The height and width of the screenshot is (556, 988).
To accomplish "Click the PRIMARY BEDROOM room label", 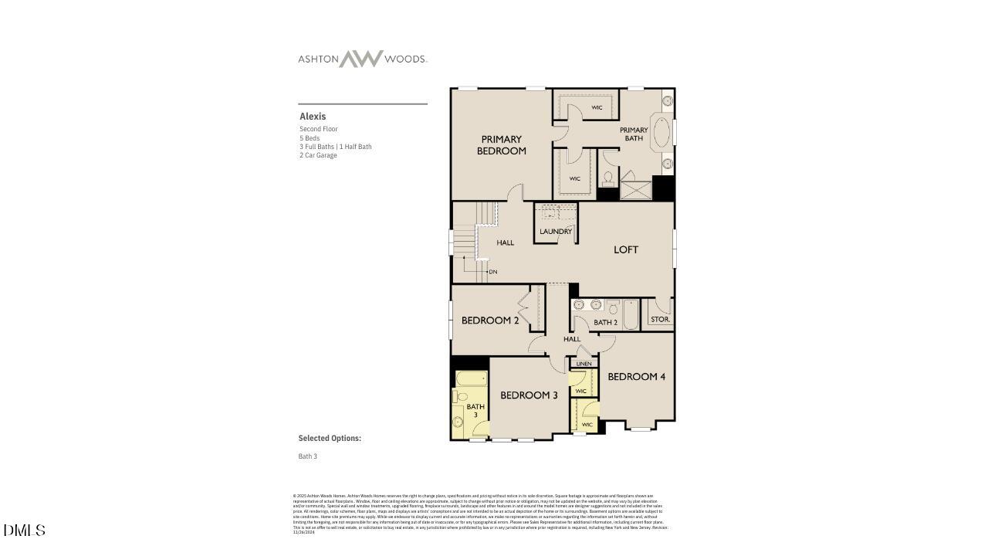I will (x=501, y=145).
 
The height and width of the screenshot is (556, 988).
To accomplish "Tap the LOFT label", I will (x=626, y=249).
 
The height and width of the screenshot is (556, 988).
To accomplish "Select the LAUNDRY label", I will (x=556, y=232).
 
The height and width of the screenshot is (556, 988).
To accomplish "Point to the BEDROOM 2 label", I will (x=490, y=320).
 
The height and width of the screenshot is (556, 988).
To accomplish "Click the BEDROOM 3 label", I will (x=529, y=395).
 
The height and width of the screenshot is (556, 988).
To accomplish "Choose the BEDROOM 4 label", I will (x=636, y=377).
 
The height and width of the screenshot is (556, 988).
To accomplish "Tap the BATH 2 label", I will (x=605, y=322).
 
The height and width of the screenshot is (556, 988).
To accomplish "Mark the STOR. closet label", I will (x=660, y=319).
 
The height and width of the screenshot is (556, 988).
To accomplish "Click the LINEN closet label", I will (x=584, y=364).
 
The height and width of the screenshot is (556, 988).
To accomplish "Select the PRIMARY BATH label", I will (x=634, y=134).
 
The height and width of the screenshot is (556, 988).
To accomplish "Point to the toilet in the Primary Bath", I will (x=607, y=179).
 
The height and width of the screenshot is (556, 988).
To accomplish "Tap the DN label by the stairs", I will (x=492, y=272).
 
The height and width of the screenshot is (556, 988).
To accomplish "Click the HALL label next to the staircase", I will (x=505, y=242).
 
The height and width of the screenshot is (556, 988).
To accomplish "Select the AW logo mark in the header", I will (x=361, y=59).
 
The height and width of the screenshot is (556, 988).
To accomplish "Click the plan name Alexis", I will (x=313, y=117).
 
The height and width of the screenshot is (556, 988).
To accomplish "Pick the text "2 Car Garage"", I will (x=318, y=155).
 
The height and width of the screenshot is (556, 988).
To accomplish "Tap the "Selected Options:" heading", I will (x=330, y=438).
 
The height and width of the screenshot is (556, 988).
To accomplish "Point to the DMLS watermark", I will (x=24, y=531).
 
